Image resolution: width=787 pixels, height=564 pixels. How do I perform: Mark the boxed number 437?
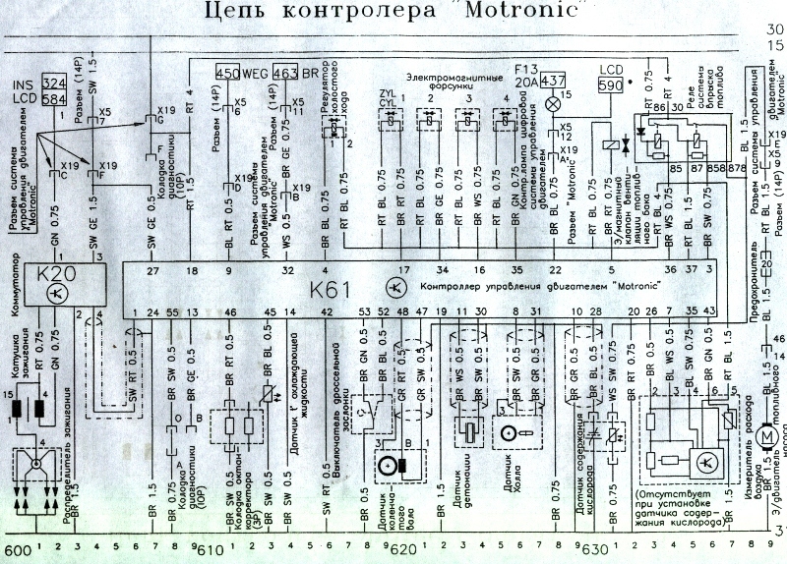[x=553, y=81]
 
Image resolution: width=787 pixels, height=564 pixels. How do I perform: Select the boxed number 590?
[x=610, y=85]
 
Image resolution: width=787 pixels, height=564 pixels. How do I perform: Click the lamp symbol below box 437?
[x=552, y=101]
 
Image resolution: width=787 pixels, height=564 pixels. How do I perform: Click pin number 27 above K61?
[x=151, y=269]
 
